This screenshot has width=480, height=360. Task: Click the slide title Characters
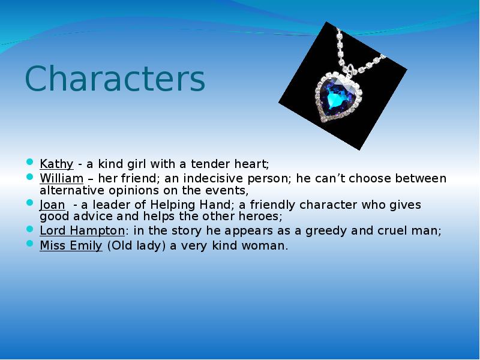[115, 80]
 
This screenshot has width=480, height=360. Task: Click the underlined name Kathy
[56, 164]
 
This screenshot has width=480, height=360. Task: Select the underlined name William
[61, 179]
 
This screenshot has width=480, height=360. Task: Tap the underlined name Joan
[52, 205]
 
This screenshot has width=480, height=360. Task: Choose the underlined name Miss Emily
[71, 245]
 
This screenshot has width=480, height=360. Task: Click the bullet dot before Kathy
[30, 163]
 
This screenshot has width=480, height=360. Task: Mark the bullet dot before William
[30, 178]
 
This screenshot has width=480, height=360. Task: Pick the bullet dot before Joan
[30, 203]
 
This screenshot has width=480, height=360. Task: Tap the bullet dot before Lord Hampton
[30, 230]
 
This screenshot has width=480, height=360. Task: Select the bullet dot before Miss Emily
[30, 244]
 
